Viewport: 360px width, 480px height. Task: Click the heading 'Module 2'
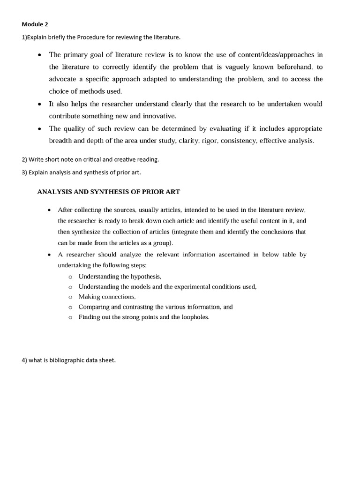point(35,24)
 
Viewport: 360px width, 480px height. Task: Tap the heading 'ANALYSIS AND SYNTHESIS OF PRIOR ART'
point(108,192)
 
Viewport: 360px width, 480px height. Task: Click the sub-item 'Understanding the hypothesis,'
point(120,277)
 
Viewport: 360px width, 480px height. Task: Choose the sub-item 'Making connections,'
point(107,297)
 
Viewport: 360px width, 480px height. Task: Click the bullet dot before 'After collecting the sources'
point(49,210)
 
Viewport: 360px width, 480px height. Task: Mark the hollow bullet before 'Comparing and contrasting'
point(70,307)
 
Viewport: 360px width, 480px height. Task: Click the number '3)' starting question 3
point(24,172)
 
